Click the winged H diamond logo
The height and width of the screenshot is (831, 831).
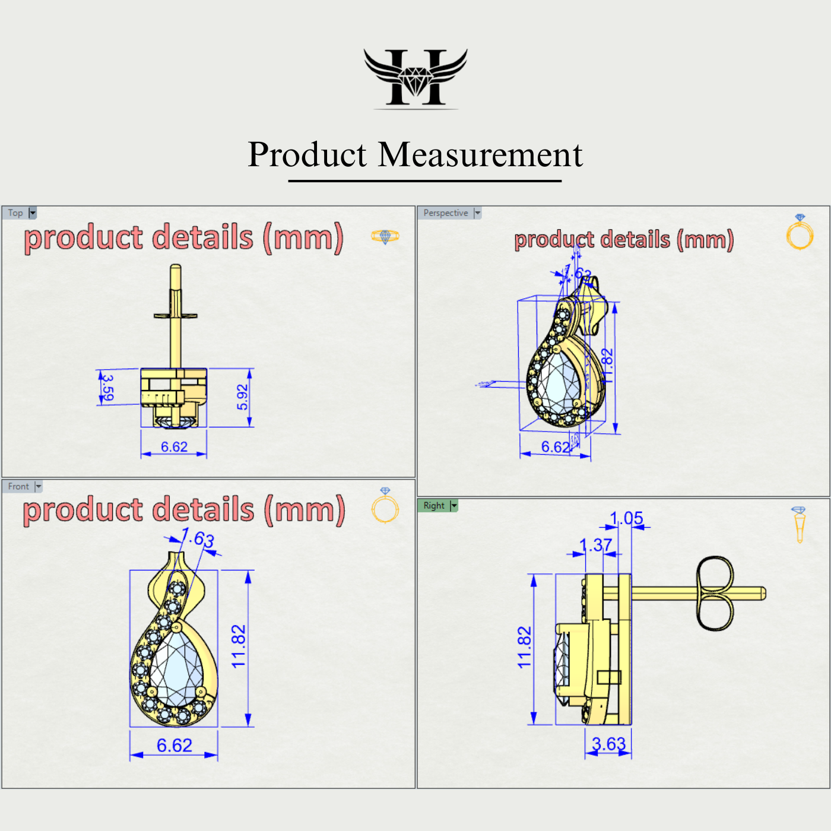click(415, 78)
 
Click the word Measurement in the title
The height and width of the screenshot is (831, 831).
click(480, 155)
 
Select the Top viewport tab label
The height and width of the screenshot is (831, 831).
click(15, 213)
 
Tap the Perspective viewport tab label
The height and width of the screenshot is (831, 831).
click(445, 213)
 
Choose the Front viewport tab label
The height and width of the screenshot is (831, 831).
click(18, 487)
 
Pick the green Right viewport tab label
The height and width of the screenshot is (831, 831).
click(434, 506)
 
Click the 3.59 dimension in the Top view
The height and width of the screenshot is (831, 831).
click(107, 386)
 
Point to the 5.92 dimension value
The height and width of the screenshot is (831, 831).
click(242, 397)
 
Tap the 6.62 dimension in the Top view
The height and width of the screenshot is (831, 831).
click(174, 447)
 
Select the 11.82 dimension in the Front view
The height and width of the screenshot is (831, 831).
click(238, 646)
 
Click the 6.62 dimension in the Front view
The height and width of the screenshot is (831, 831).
click(174, 746)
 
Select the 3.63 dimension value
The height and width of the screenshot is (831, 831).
click(608, 744)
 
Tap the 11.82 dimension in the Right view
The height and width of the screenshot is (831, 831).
click(524, 648)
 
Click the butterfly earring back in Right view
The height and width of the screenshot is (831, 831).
click(715, 594)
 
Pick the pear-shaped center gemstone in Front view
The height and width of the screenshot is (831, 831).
click(176, 668)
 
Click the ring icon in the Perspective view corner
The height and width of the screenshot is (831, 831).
click(800, 233)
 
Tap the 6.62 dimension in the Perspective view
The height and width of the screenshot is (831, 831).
click(555, 447)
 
